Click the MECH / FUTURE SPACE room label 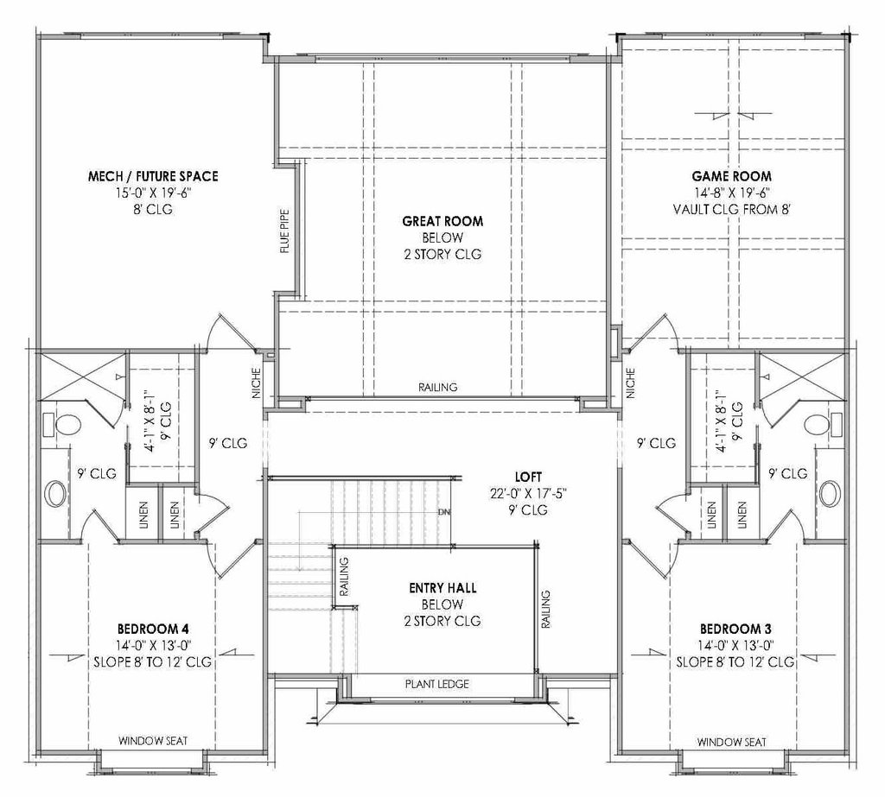pyautogui.click(x=153, y=176)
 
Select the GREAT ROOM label pyautogui.click(x=442, y=221)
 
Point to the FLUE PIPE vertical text pyautogui.click(x=283, y=233)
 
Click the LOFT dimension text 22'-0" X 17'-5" pyautogui.click(x=517, y=494)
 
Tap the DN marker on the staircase pyautogui.click(x=445, y=511)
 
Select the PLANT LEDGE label pyautogui.click(x=437, y=685)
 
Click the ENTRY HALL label pyautogui.click(x=442, y=589)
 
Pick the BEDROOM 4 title pyautogui.click(x=153, y=629)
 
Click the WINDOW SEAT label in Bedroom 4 pyautogui.click(x=153, y=741)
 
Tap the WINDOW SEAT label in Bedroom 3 pyautogui.click(x=731, y=741)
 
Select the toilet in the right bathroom pyautogui.click(x=818, y=425)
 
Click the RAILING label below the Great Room pyautogui.click(x=437, y=388)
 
